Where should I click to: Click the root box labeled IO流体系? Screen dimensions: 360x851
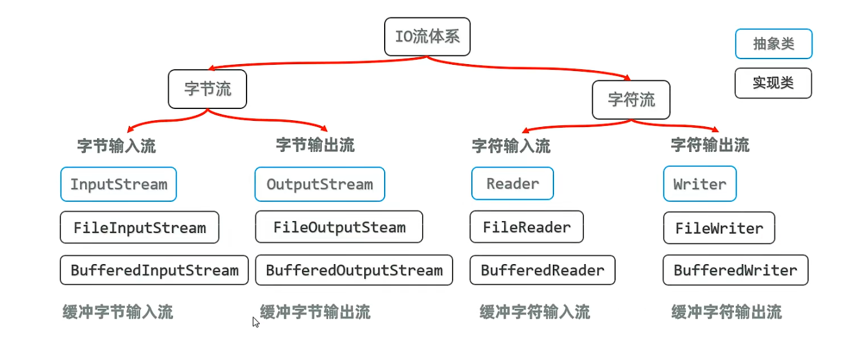click(427, 37)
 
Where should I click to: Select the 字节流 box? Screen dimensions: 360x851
click(207, 89)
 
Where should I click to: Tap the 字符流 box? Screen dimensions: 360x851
click(631, 100)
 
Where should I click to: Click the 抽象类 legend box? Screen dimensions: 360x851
click(773, 44)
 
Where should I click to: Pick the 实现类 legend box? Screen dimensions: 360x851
click(773, 83)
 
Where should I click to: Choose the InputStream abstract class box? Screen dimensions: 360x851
click(118, 184)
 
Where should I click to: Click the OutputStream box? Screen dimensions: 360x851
click(319, 184)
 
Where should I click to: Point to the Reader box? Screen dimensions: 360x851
click(512, 184)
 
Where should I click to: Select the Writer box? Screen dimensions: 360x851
click(700, 184)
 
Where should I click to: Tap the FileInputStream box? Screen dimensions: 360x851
click(139, 227)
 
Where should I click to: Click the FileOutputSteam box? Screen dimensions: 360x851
click(339, 227)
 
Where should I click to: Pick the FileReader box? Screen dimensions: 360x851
click(527, 227)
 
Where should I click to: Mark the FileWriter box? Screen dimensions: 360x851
click(719, 228)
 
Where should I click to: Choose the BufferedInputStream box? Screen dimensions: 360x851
click(154, 270)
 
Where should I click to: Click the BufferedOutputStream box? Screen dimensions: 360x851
click(354, 270)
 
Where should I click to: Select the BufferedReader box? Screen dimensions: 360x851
click(542, 270)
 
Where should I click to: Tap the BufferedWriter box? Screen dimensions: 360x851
click(735, 270)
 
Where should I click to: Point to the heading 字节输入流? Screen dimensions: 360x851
click(116, 146)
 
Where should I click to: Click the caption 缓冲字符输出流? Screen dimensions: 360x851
click(726, 311)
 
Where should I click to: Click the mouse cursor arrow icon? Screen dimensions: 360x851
click(256, 322)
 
